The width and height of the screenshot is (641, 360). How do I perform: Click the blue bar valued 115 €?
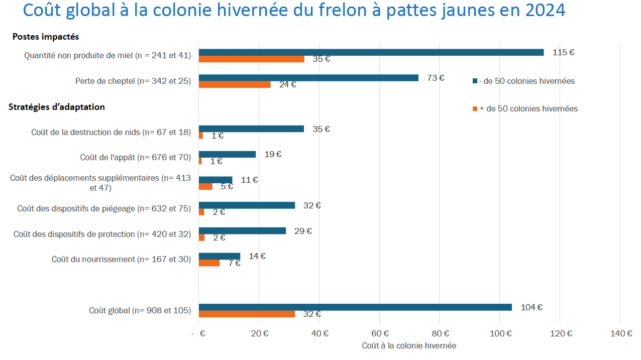tap(371, 52)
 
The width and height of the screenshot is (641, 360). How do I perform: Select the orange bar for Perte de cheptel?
tap(235, 84)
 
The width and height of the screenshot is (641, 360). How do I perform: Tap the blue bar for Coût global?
tap(355, 307)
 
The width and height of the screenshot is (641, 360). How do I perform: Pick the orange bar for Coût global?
tap(247, 314)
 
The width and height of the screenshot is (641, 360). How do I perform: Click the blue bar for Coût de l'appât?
tap(227, 154)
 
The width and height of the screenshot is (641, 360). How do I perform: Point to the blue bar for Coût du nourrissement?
tap(220, 256)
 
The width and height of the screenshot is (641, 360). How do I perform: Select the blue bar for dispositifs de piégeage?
tap(247, 205)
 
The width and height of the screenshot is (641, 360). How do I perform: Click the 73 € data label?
tap(436, 78)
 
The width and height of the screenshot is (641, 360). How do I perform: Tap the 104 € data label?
tap(531, 307)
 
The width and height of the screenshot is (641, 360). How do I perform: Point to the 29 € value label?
tap(303, 231)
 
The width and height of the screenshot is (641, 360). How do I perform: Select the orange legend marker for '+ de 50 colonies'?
tap(475, 109)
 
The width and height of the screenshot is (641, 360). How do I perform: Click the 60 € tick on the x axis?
tap(380, 334)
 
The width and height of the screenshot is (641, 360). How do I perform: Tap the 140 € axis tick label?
tap(621, 334)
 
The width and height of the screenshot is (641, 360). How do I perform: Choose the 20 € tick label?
tap(259, 334)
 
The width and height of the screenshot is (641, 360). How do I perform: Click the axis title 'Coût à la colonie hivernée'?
tap(409, 345)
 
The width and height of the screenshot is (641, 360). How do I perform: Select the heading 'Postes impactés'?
tap(46, 37)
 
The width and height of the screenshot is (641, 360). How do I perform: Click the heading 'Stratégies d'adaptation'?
tap(57, 107)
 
